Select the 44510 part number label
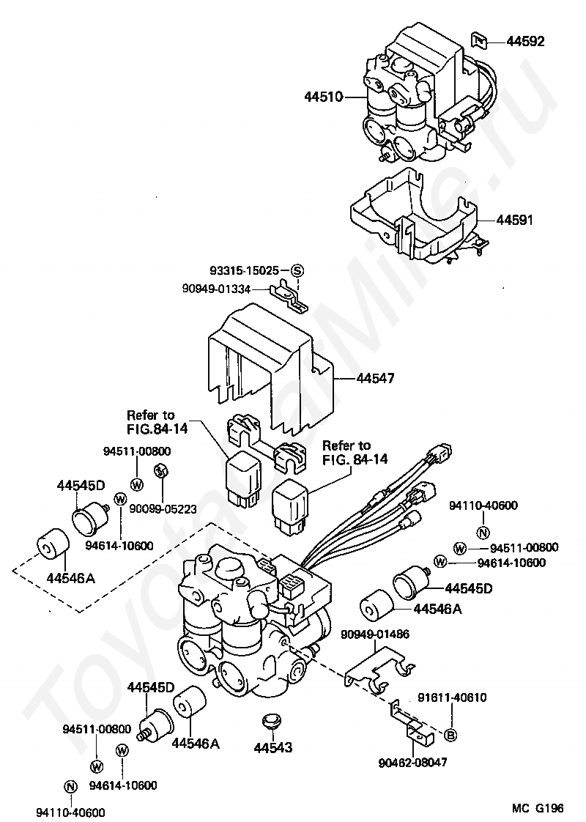coord(323,97)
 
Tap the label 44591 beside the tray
coord(515,219)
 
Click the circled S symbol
coord(297,270)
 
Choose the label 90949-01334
coord(217,289)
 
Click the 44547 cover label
coord(375,379)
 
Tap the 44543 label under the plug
coord(273,747)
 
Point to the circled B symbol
coord(451,735)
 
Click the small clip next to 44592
coord(479,39)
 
